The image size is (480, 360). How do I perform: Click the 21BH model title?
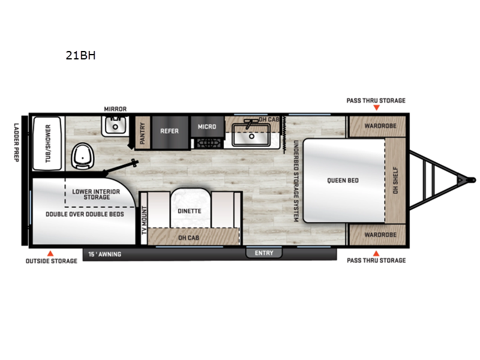[80, 55]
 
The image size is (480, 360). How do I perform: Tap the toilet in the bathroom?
[83, 157]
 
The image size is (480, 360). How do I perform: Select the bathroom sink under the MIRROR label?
[115, 125]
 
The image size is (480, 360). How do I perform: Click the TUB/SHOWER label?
[48, 143]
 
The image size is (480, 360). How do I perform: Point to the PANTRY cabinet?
[142, 133]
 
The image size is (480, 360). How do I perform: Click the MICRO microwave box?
[207, 127]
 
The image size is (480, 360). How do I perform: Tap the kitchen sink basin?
[251, 134]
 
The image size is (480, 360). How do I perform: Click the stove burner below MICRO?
[208, 143]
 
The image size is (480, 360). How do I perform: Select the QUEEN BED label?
[343, 181]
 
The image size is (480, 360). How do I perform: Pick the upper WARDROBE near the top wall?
[377, 126]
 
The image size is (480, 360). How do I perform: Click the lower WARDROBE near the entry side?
[377, 235]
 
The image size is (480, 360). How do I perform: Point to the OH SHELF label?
[395, 180]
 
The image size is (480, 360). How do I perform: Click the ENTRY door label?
[264, 253]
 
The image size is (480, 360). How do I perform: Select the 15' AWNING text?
[104, 254]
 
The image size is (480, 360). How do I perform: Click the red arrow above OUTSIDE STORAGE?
[50, 253]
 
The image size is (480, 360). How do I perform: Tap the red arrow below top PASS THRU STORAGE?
[377, 108]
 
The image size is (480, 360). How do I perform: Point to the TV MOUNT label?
[145, 220]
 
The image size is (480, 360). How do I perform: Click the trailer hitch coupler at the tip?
[473, 180]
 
